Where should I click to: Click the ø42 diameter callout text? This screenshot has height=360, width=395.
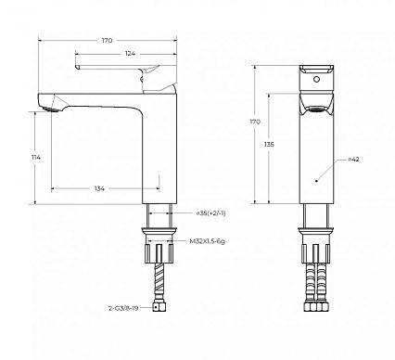[x=353, y=160]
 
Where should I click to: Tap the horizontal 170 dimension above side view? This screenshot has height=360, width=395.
[x=107, y=40]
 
